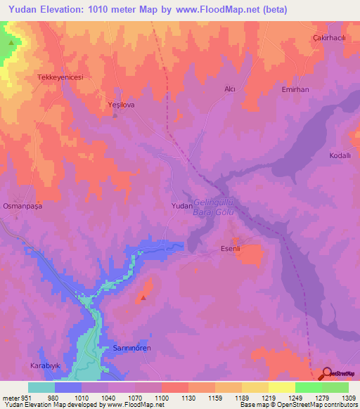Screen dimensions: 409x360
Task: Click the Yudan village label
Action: click(182, 206)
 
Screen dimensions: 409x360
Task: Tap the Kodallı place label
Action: click(342, 155)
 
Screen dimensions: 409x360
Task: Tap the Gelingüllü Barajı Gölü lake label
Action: click(213, 207)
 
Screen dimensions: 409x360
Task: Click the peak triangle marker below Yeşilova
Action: click(115, 116)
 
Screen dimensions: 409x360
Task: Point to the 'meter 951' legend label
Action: click(15, 397)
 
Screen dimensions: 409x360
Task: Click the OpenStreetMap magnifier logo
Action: click(328, 373)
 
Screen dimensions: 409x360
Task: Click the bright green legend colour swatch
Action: click(308, 387)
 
